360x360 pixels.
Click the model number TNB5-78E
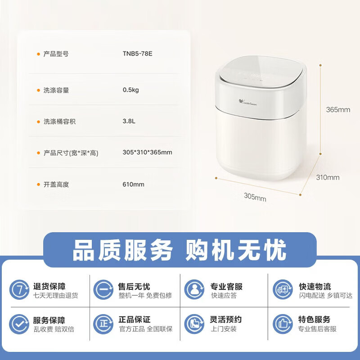click(138, 54)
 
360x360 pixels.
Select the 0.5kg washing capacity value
click(131, 90)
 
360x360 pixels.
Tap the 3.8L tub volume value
click(129, 121)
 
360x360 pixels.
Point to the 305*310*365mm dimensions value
click(147, 153)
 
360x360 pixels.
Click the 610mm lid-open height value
click(133, 184)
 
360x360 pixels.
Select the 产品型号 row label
click(56, 54)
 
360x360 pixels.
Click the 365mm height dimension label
click(338, 110)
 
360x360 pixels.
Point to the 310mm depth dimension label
click(328, 177)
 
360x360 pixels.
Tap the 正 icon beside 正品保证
click(103, 324)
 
